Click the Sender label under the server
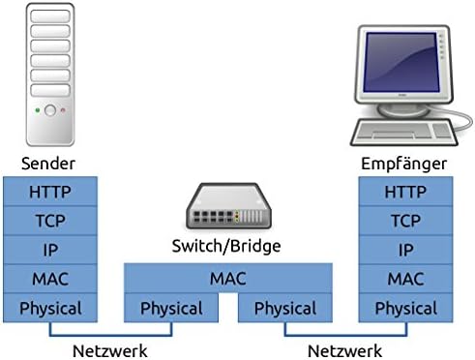[x=48, y=164]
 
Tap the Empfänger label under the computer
[x=403, y=164]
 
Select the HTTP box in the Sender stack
[x=50, y=192]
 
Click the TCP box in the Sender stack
[x=50, y=221]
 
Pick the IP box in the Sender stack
[x=50, y=250]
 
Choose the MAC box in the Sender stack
[x=50, y=279]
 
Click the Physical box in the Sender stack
[x=50, y=308]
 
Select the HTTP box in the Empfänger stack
[x=405, y=192]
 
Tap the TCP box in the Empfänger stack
[x=405, y=221]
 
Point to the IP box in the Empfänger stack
[x=405, y=250]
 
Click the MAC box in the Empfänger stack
[x=405, y=279]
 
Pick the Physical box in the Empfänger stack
[x=405, y=308]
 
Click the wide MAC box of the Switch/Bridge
[x=228, y=278]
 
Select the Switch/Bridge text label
[x=226, y=246]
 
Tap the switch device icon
[x=228, y=206]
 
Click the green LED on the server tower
[x=38, y=110]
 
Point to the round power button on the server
[x=50, y=110]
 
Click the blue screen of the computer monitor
[x=401, y=61]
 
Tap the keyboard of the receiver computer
[x=404, y=133]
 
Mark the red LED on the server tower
[x=63, y=110]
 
